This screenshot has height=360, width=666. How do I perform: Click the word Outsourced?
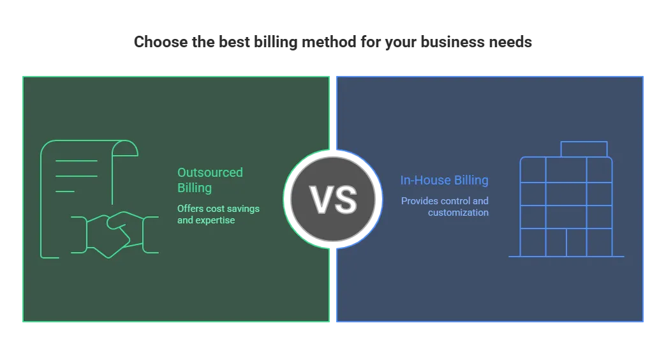tap(210, 172)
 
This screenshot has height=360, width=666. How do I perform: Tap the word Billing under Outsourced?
tap(195, 188)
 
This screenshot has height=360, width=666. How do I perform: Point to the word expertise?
tap(217, 220)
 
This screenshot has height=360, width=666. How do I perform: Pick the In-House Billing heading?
tap(444, 180)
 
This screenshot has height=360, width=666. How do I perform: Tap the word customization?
tap(458, 213)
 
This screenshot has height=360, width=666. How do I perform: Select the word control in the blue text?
tap(457, 201)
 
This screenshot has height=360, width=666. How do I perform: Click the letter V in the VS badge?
tap(320, 199)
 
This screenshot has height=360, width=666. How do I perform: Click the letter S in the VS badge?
tap(345, 199)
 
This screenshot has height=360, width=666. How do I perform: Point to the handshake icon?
tap(115, 233)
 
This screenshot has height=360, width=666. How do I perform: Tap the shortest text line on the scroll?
tap(65, 191)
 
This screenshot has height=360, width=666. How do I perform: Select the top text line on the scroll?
tap(77, 161)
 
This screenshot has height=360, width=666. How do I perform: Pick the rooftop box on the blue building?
tap(584, 149)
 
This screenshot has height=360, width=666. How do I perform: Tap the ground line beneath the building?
tap(566, 257)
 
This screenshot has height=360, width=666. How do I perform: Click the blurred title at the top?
tap(333, 43)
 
